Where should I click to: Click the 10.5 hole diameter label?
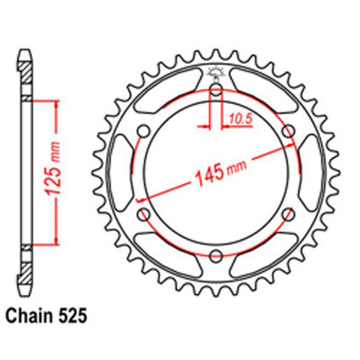(x=240, y=119)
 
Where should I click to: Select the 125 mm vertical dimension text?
(x=52, y=169)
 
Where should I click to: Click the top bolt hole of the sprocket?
(x=216, y=90)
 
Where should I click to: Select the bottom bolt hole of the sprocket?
(x=216, y=256)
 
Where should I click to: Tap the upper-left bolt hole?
(x=143, y=131)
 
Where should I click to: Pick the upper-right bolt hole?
(x=288, y=131)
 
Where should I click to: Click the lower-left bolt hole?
(x=143, y=214)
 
